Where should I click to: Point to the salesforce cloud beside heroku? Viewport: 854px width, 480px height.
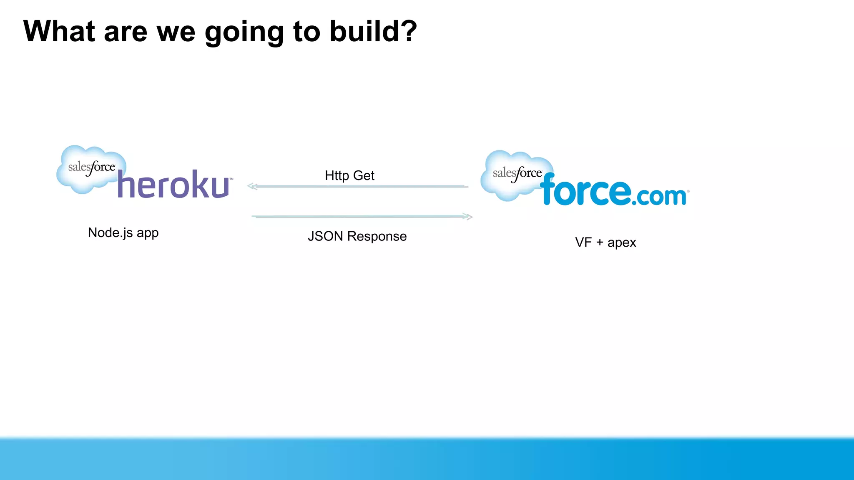click(x=90, y=169)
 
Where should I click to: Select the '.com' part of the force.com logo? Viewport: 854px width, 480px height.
click(x=659, y=196)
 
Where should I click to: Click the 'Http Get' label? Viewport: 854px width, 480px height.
click(x=349, y=175)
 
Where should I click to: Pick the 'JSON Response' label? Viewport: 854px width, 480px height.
click(x=357, y=236)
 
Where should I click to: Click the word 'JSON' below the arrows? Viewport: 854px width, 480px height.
click(x=325, y=236)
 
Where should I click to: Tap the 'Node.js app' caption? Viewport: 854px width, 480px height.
click(x=123, y=232)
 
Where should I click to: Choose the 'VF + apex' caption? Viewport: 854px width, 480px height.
click(x=605, y=242)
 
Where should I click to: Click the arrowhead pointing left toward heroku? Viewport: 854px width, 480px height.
click(x=252, y=186)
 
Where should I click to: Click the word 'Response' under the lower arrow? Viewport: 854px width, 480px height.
click(x=377, y=236)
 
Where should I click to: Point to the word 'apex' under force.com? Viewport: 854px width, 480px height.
click(x=622, y=243)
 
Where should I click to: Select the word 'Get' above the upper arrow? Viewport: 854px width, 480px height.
click(x=364, y=175)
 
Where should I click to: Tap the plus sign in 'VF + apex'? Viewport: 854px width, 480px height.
click(x=600, y=242)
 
